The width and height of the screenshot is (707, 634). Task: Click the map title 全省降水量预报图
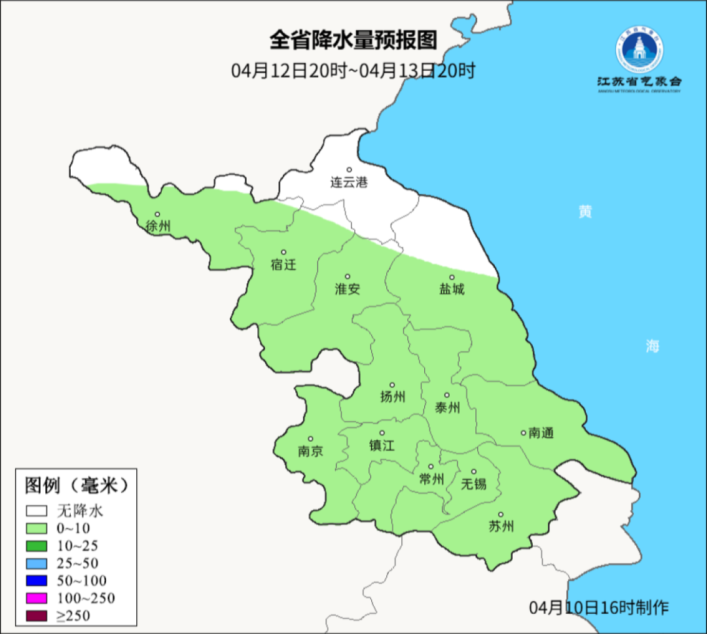pos(353,40)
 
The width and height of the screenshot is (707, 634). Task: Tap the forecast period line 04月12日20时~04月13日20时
pos(353,70)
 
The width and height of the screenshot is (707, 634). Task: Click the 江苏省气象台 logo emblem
pos(639,50)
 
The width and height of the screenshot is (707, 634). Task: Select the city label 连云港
pos(348,183)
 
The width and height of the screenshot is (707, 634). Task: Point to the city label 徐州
pos(158,226)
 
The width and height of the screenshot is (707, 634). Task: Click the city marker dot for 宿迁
pos(283,252)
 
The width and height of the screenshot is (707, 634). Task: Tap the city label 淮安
pos(348,289)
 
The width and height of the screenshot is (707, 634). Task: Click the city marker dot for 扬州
pos(392,385)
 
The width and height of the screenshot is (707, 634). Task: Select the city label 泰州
pos(447,408)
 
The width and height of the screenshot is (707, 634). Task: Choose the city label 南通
pos(541,432)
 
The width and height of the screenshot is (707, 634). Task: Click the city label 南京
pos(310,451)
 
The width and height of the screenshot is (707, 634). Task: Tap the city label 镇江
pos(382,446)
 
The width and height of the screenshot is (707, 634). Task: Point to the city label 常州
pos(431,480)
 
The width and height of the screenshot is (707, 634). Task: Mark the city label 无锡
pos(473,484)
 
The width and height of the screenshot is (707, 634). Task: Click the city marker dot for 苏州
pos(501,515)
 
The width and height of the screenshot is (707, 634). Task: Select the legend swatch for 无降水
pos(37,511)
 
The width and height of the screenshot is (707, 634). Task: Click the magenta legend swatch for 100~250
pos(37,597)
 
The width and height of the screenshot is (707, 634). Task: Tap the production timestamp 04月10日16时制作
pos(598,607)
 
